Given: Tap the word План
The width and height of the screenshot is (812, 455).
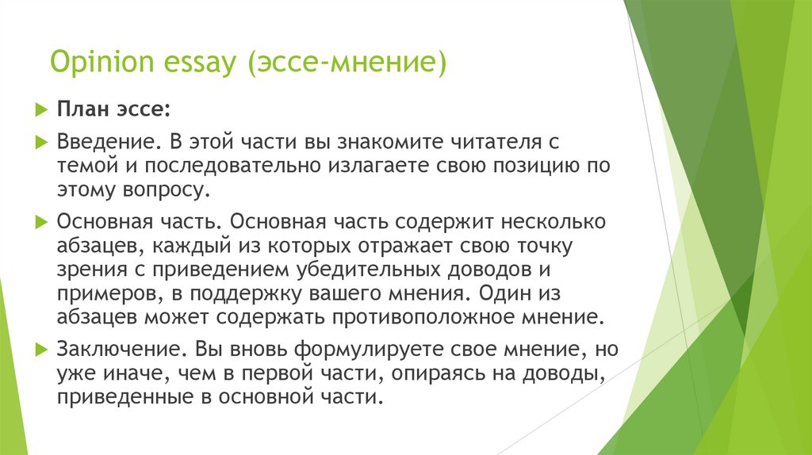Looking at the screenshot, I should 80,108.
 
